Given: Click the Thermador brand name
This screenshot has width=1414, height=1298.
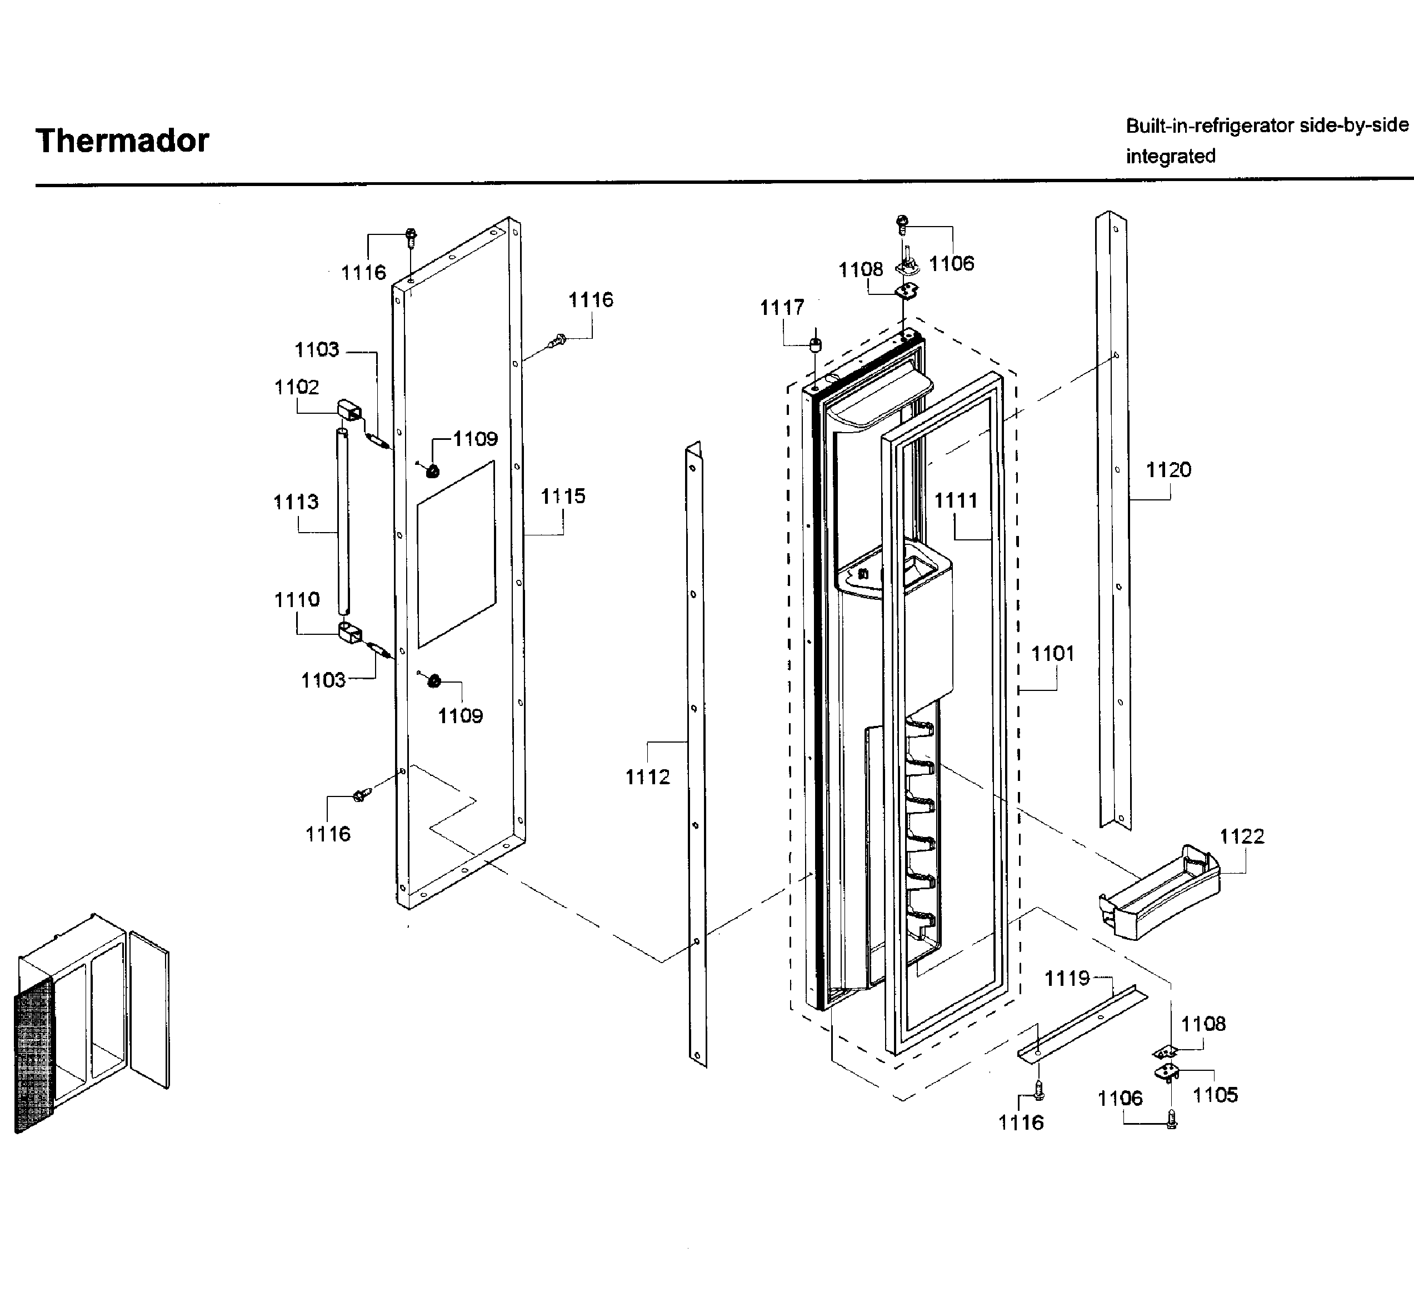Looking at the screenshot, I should (122, 141).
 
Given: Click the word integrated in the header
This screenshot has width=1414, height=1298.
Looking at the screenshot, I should (1170, 156).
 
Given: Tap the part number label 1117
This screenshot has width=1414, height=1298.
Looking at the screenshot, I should (781, 308).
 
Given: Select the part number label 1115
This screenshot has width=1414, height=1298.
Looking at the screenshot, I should (563, 497).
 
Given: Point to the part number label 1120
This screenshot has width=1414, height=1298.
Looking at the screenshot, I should (1168, 470).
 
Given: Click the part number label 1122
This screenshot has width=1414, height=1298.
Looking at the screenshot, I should (1241, 836).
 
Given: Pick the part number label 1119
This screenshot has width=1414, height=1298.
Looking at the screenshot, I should (1066, 979).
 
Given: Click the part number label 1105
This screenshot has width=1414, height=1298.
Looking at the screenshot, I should (1215, 1095).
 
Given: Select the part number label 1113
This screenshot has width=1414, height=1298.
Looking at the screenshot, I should (296, 502).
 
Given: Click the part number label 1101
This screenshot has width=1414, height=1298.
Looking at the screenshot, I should (1052, 654).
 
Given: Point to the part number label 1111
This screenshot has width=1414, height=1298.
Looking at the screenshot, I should (955, 501).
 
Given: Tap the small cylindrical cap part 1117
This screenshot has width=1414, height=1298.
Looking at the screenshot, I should (816, 345).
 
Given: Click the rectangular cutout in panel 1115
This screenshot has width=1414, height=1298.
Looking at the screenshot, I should (456, 554).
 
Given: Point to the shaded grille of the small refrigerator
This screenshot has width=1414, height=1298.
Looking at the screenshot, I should (33, 1054).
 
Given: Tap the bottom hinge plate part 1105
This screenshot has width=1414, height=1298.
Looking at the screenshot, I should (1167, 1072).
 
